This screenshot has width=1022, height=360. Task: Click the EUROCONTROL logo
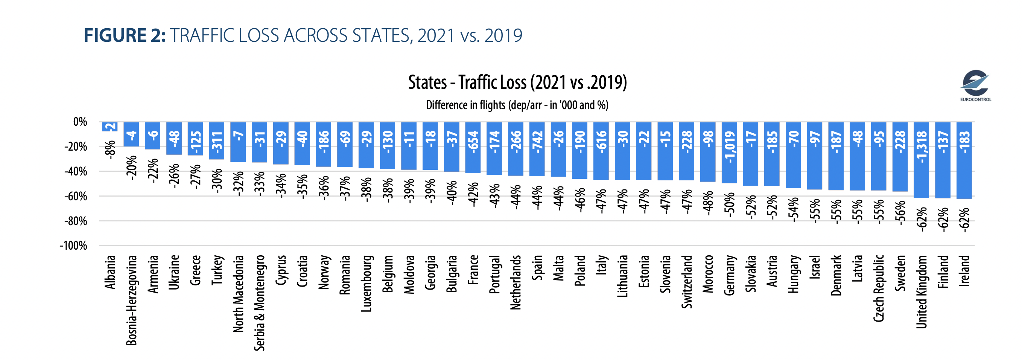[x=975, y=85]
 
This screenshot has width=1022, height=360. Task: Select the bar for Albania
[x=110, y=127]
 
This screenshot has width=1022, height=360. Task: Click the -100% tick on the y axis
[x=73, y=246]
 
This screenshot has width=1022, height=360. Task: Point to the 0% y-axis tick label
[x=80, y=122]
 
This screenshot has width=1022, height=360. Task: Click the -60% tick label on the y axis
[x=76, y=197]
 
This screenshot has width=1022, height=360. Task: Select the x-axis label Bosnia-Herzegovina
[x=131, y=301]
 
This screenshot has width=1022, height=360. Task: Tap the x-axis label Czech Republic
[x=879, y=288]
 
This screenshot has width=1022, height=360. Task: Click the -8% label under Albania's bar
[x=110, y=150]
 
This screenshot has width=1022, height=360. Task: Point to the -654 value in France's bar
[x=473, y=142]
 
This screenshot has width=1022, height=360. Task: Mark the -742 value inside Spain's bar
[x=537, y=142]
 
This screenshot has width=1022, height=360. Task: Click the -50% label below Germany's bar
[x=729, y=205]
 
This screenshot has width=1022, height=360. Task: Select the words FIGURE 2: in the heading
[x=125, y=36]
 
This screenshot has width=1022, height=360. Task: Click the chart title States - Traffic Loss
[x=517, y=82]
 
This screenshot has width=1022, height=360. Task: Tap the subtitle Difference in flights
[x=517, y=105]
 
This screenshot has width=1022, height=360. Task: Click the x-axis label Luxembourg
[x=366, y=284]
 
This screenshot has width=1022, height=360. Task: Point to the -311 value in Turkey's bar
[x=217, y=142]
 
